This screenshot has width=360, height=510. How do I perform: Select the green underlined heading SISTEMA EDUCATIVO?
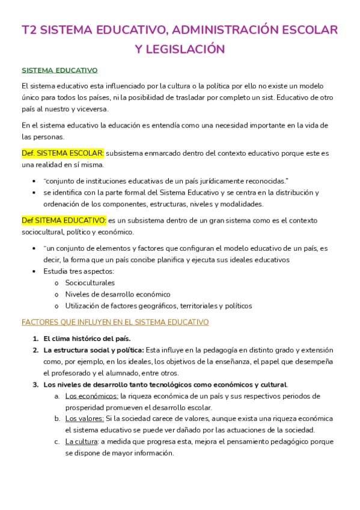point(59,70)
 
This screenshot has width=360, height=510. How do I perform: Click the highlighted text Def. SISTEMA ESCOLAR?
point(63,153)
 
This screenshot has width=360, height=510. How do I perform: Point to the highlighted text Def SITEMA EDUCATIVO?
point(64,220)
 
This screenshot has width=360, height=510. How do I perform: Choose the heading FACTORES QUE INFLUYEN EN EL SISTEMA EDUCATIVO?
point(115,322)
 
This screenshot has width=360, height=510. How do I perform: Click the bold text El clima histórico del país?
point(87,339)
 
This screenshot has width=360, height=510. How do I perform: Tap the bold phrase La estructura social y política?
point(93,350)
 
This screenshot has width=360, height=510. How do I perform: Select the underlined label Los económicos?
point(91,396)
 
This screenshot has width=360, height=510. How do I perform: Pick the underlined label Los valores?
point(84,419)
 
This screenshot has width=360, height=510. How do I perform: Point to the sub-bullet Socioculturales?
point(90,283)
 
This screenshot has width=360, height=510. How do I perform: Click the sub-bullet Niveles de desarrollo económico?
point(117,294)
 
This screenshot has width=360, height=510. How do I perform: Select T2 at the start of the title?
point(29,29)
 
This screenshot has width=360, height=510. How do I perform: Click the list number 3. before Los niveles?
point(35,384)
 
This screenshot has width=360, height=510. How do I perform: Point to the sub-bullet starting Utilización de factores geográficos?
point(158,306)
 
